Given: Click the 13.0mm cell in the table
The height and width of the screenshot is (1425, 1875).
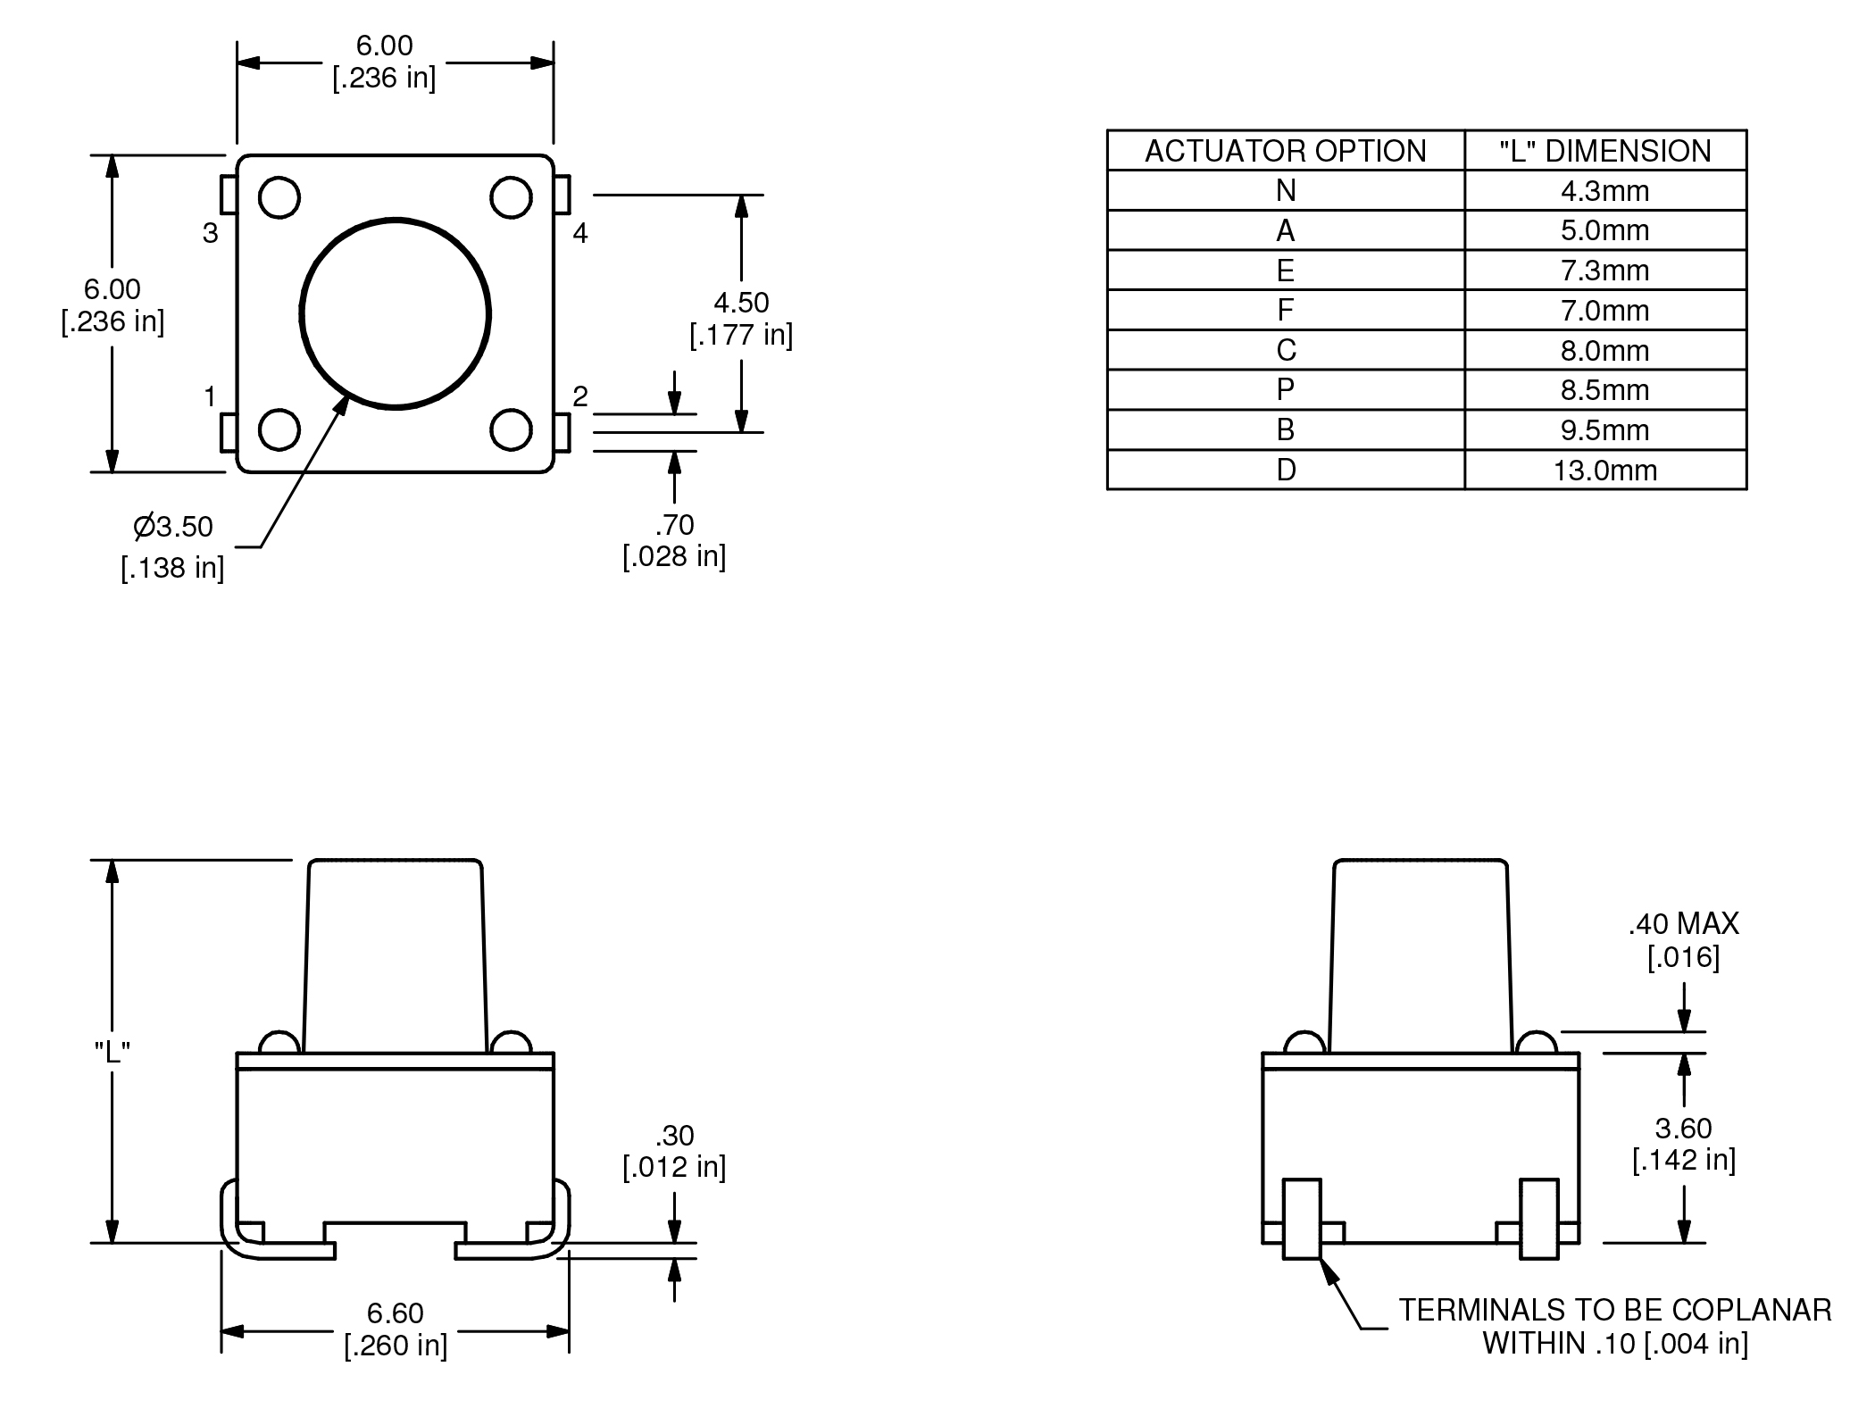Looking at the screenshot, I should (1604, 471).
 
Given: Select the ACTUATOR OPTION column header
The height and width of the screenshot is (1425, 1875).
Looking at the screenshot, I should (1285, 151).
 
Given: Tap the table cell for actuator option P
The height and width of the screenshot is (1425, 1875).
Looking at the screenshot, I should (1285, 390).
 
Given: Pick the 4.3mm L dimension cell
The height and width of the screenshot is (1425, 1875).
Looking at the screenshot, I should (1604, 191).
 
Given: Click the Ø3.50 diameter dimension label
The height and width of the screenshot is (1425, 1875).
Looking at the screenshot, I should (174, 527).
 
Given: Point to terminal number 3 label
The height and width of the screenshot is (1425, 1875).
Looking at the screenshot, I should (210, 234).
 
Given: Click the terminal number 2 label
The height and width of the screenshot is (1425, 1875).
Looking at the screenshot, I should (580, 396).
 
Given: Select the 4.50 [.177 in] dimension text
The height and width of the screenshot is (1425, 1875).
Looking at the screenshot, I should (741, 318).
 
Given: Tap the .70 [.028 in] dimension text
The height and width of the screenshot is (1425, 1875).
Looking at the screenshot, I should (674, 540).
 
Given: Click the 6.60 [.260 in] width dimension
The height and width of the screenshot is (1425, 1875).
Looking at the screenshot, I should (396, 1329).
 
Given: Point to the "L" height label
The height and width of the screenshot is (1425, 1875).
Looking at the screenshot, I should (112, 1052).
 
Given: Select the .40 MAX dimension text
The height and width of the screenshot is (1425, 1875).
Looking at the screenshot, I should (1683, 924).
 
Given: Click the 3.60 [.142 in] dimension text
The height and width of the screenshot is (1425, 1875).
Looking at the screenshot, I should (1683, 1144).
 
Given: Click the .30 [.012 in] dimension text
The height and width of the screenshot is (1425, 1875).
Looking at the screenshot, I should (674, 1151).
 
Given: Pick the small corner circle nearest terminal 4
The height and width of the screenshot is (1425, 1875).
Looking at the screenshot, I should (512, 197).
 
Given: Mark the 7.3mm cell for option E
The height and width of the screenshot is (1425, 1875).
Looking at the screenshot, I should (1604, 271).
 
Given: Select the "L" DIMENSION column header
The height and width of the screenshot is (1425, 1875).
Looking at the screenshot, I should (1604, 151).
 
